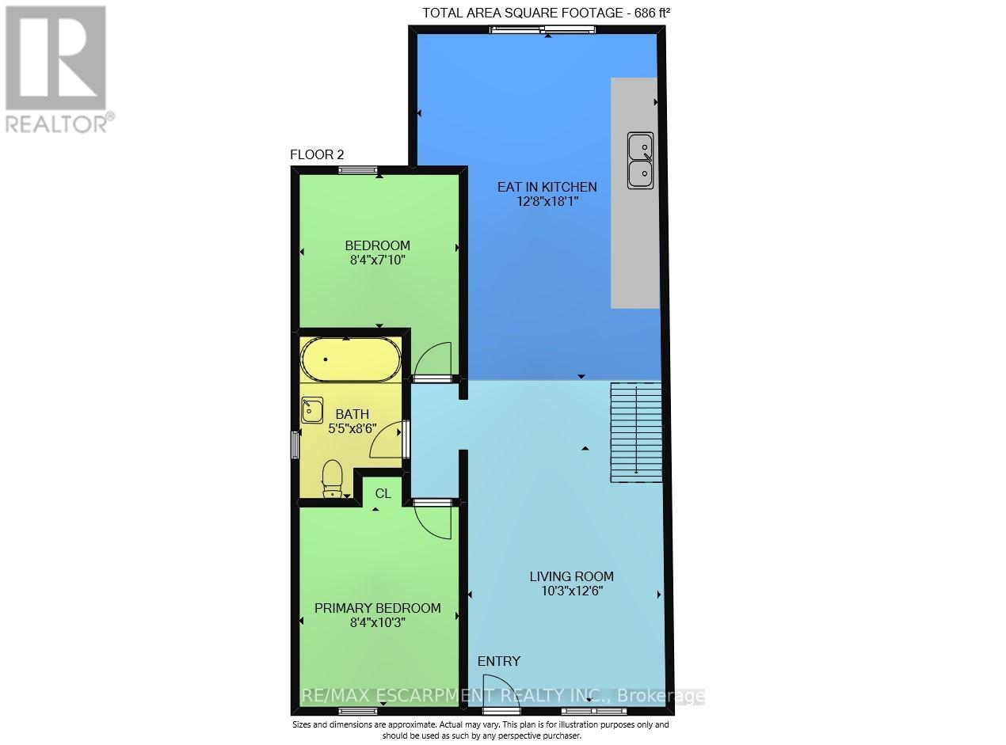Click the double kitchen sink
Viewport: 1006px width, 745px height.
pos(640,161)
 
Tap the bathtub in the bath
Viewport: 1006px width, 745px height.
pos(350,361)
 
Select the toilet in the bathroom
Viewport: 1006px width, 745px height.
pos(332,478)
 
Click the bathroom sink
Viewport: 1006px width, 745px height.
pos(311,410)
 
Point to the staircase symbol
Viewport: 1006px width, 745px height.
pos(635,431)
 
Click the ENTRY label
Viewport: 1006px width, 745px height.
pos(498,661)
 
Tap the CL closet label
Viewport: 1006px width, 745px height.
pos(383,493)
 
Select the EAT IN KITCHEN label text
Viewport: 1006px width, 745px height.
pos(547,187)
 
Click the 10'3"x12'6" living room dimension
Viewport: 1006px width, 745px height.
pos(572,591)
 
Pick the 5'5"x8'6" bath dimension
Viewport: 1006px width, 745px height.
pos(352,428)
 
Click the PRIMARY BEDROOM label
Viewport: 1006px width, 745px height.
pos(377,608)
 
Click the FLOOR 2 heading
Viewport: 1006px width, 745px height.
pos(317,154)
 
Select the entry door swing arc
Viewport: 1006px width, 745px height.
pos(498,688)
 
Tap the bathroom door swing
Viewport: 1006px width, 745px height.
pos(389,442)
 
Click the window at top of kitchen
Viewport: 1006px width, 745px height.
pos(543,30)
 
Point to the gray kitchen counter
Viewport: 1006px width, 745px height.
pos(634,238)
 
